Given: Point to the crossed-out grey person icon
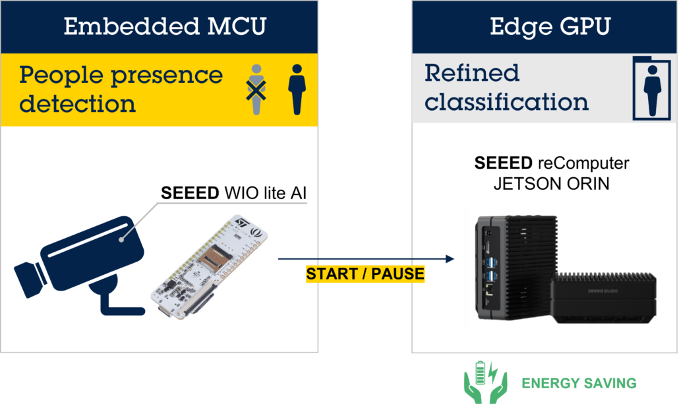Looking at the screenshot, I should [255, 90].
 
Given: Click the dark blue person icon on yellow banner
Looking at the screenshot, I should [297, 90].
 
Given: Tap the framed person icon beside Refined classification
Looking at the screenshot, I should [651, 88].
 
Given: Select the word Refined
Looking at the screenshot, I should [472, 72].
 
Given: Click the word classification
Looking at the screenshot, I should [506, 102].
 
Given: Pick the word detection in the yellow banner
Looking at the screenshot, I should [77, 103].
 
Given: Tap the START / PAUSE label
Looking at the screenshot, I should [365, 274].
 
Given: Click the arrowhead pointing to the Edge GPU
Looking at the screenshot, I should [450, 259].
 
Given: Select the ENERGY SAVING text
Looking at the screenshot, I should [579, 383].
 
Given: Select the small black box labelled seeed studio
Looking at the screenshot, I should [603, 300].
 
